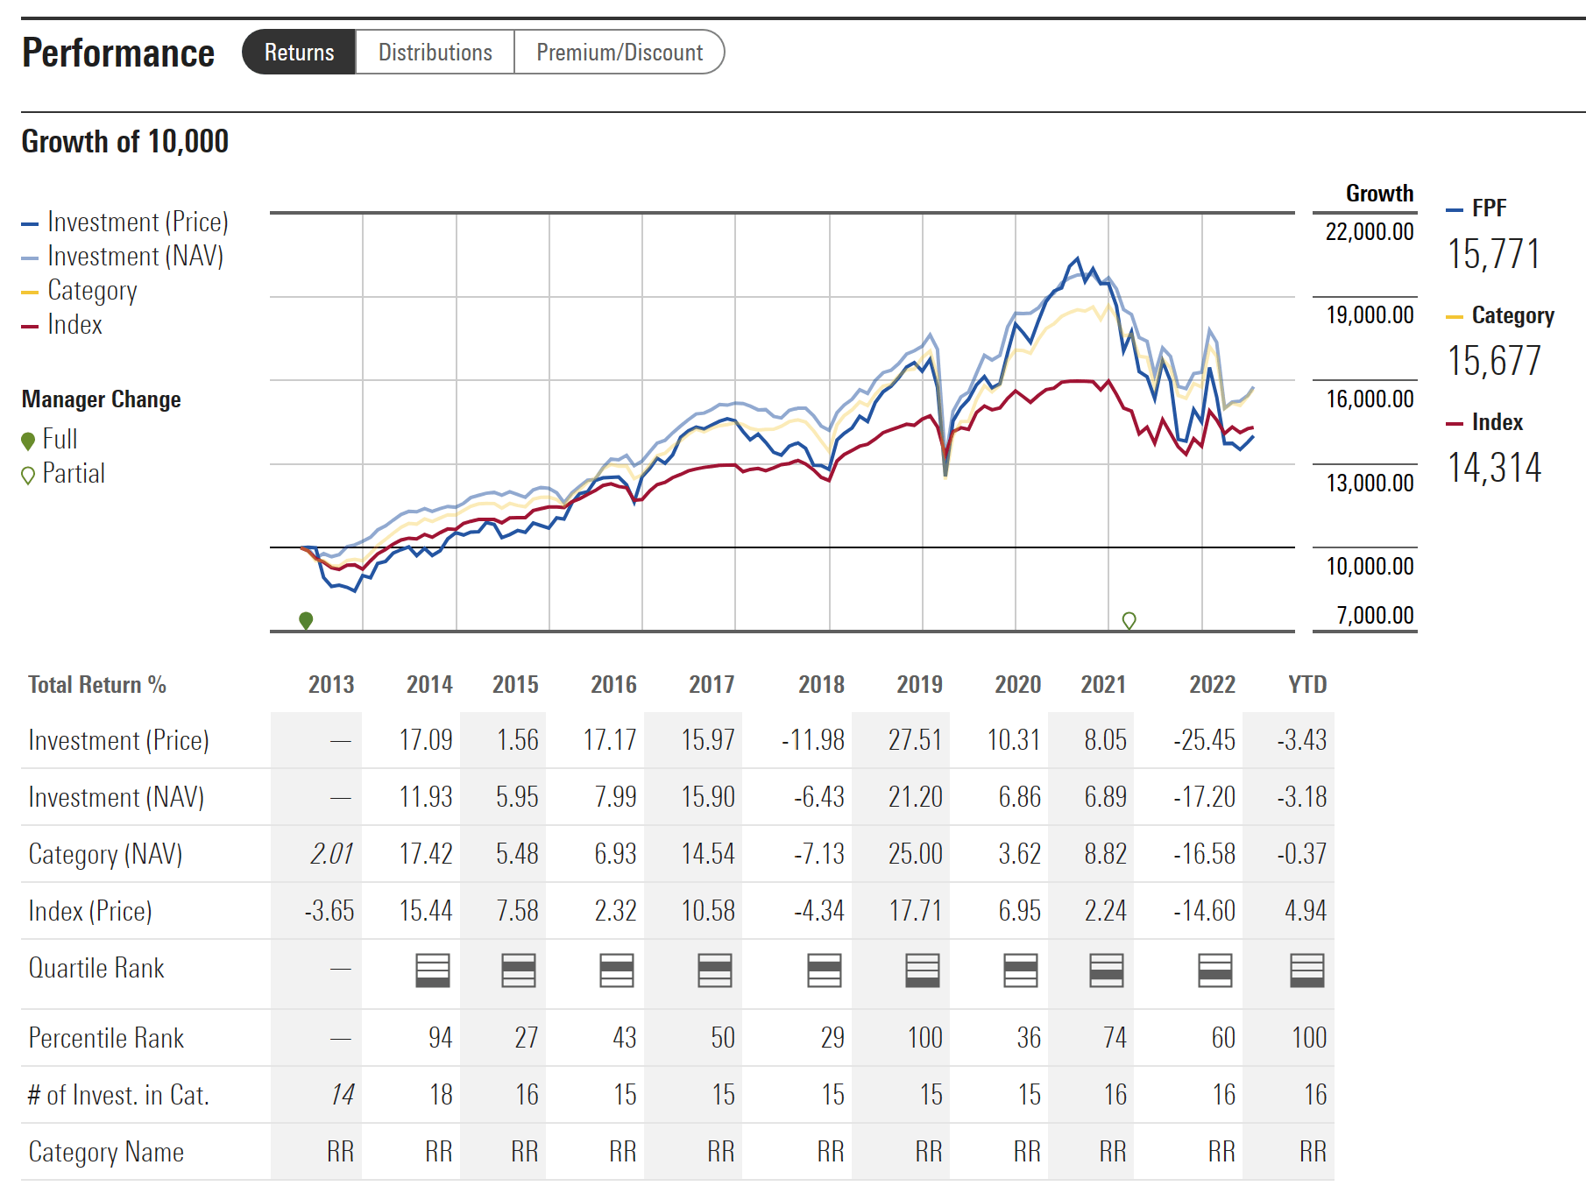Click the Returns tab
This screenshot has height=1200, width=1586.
coord(299,53)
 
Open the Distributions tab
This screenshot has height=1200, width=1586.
coord(435,53)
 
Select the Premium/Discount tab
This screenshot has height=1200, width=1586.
coord(619,53)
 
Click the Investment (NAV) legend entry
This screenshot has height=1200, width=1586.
coord(135,257)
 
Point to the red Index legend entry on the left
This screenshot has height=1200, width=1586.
coord(74,325)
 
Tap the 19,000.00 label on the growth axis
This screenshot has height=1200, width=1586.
coord(1370,315)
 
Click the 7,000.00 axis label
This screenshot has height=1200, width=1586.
coord(1375,616)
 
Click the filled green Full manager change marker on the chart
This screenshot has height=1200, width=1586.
coord(306,620)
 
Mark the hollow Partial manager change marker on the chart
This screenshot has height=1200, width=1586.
coord(1129,620)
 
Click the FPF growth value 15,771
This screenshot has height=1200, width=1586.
coord(1493,254)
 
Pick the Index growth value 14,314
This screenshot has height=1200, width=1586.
coord(1493,468)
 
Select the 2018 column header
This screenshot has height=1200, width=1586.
coord(821,685)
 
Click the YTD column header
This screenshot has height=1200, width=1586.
coord(1307,685)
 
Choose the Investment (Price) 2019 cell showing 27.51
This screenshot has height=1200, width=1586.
coord(915,740)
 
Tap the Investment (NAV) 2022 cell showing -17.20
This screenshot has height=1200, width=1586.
coord(1204,797)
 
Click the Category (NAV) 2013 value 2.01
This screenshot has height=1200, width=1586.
coord(331,854)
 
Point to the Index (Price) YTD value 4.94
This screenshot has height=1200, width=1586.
coord(1305,911)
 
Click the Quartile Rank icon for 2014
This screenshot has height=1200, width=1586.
coord(433,970)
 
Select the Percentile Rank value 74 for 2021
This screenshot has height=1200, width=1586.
coord(1114,1038)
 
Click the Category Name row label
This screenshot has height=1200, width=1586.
coord(106,1152)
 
